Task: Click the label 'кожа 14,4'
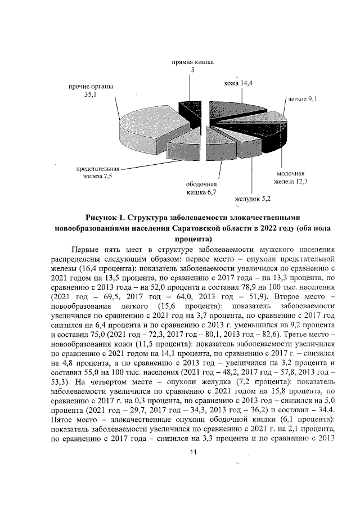pos(238,83)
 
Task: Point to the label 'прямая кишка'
pos(193,61)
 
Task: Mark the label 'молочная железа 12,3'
pos(292,177)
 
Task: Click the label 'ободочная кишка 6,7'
pos(202,188)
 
